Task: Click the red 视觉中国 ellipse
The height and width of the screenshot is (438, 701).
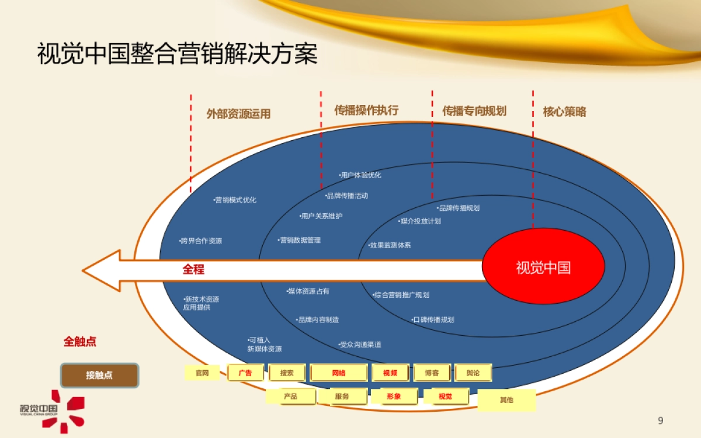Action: click(x=543, y=267)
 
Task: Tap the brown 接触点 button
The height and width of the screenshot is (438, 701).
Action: click(x=99, y=376)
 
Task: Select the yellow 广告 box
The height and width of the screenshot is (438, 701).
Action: click(x=245, y=373)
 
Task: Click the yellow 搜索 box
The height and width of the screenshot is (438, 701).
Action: click(x=287, y=373)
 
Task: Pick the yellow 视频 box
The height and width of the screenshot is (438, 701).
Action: click(x=390, y=373)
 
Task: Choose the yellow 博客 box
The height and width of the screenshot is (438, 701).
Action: click(x=432, y=373)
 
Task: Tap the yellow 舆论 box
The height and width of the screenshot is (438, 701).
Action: click(x=473, y=373)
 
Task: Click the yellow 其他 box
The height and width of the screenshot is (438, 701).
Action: click(x=506, y=400)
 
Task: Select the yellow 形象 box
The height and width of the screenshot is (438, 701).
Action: click(x=394, y=397)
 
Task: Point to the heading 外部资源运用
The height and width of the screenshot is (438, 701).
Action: click(x=238, y=114)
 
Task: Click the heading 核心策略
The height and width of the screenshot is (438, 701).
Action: click(x=564, y=112)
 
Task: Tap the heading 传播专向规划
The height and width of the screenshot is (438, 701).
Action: click(x=474, y=111)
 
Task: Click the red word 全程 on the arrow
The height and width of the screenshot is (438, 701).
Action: click(x=193, y=270)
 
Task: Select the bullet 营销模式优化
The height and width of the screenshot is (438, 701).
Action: click(x=235, y=200)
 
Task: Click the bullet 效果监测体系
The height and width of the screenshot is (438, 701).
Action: click(x=390, y=245)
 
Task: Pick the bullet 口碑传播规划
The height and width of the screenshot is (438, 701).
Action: click(x=433, y=320)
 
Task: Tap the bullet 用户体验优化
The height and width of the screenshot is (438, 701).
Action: click(x=360, y=175)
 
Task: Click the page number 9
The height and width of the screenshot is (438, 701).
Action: click(x=661, y=420)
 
